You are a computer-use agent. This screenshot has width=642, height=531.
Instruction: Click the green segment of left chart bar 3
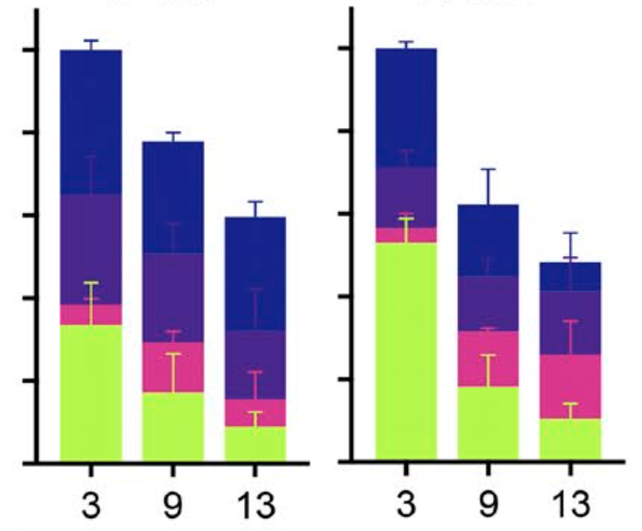point(91,391)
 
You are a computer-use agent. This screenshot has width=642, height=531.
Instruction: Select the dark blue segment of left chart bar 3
point(91,121)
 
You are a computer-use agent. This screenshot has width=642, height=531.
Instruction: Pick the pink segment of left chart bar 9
point(173,367)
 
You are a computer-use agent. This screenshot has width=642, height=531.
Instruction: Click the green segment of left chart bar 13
point(255,443)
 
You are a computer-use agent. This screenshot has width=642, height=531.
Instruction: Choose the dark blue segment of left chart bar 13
point(255,273)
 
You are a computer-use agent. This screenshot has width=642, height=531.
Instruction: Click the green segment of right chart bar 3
point(405,350)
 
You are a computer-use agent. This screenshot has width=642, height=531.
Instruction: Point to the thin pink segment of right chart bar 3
point(405,235)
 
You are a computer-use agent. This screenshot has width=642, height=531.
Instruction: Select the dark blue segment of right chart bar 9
point(488,239)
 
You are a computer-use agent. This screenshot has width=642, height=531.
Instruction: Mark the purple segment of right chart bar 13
point(570,322)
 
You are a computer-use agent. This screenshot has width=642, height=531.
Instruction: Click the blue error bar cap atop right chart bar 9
point(488,169)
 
